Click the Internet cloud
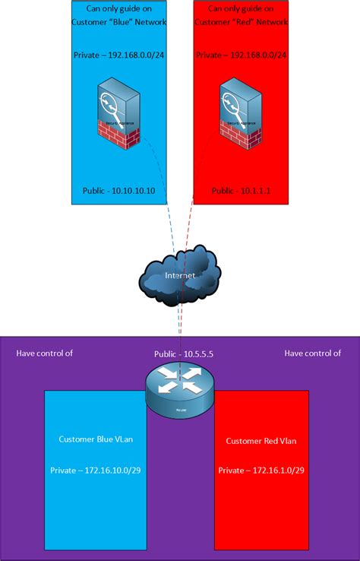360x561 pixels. pos(180,276)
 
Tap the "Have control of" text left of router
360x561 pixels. pos(45,353)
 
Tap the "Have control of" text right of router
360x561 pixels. pos(312,353)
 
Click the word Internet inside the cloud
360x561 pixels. pos(180,275)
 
